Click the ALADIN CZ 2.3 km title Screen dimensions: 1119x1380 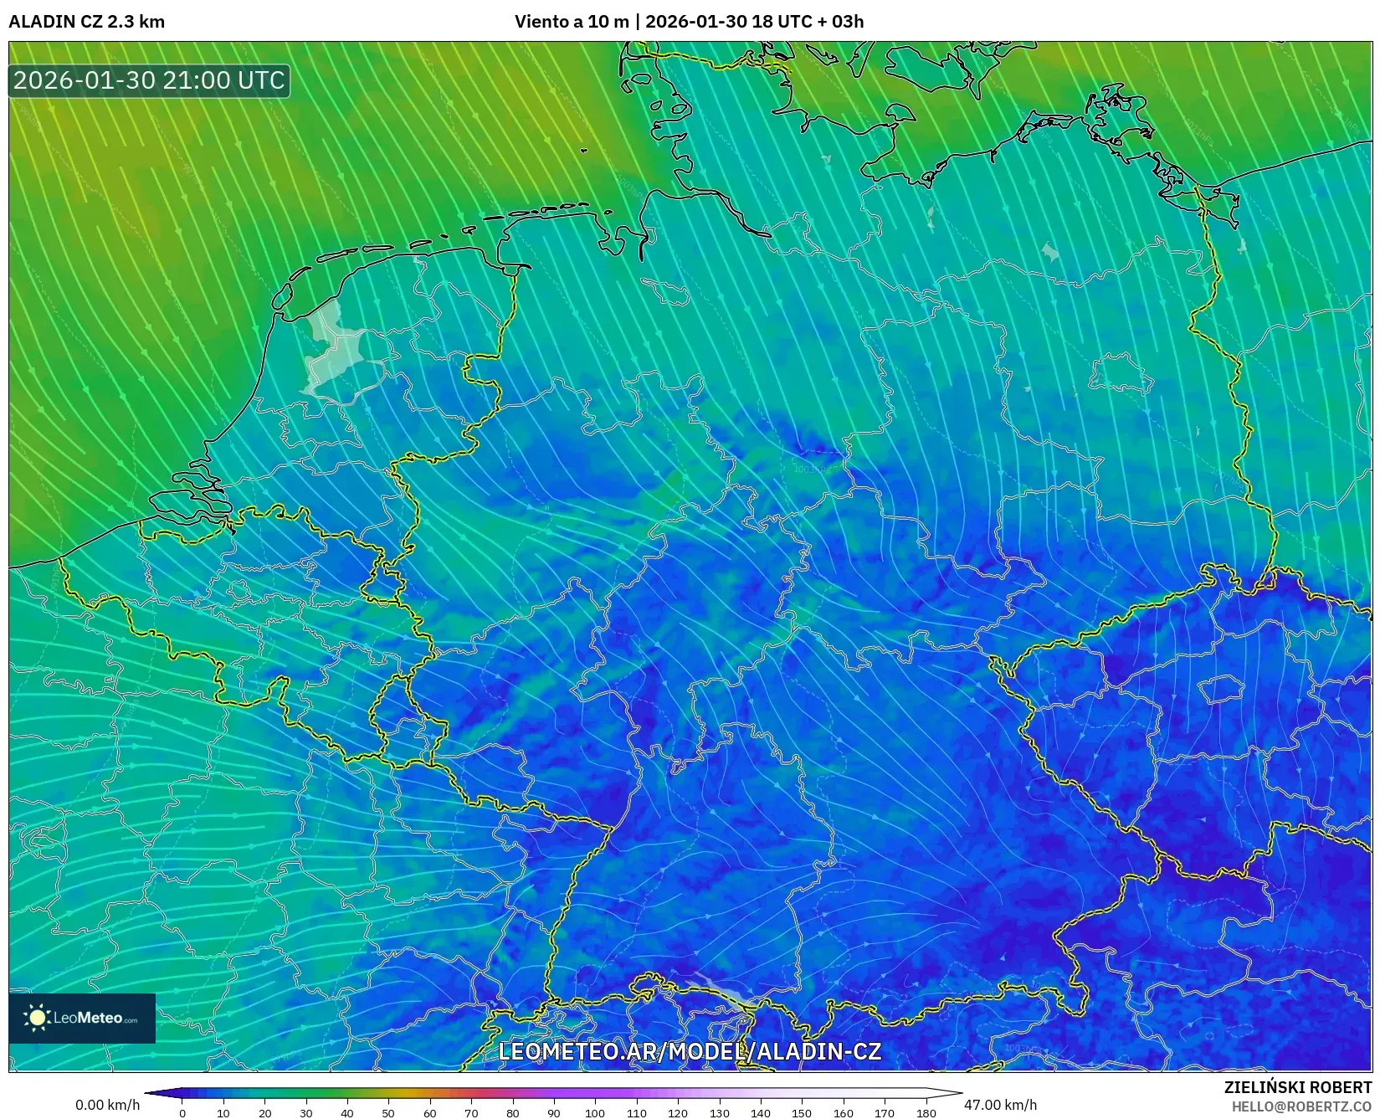click(x=86, y=22)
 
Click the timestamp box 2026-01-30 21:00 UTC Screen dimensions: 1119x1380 click(x=149, y=80)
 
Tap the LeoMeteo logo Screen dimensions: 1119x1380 click(x=82, y=1018)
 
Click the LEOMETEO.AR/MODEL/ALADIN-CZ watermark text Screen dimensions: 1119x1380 click(x=690, y=1051)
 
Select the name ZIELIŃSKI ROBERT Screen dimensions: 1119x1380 click(x=1297, y=1087)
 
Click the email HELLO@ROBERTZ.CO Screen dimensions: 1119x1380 click(x=1301, y=1106)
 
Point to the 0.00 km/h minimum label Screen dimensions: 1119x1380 click(x=107, y=1105)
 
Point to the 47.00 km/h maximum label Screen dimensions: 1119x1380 click(x=1000, y=1105)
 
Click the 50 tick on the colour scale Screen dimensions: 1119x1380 click(x=388, y=1113)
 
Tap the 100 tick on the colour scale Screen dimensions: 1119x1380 click(x=595, y=1113)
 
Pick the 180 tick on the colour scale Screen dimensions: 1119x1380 click(x=926, y=1113)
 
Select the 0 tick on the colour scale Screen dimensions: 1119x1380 click(x=182, y=1113)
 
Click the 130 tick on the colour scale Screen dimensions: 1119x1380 click(x=719, y=1113)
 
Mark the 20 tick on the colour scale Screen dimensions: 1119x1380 click(x=264, y=1113)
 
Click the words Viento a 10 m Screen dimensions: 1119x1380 click(x=571, y=22)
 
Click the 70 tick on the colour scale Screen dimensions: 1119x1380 click(x=471, y=1113)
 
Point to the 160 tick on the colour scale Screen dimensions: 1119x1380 click(x=843, y=1113)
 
